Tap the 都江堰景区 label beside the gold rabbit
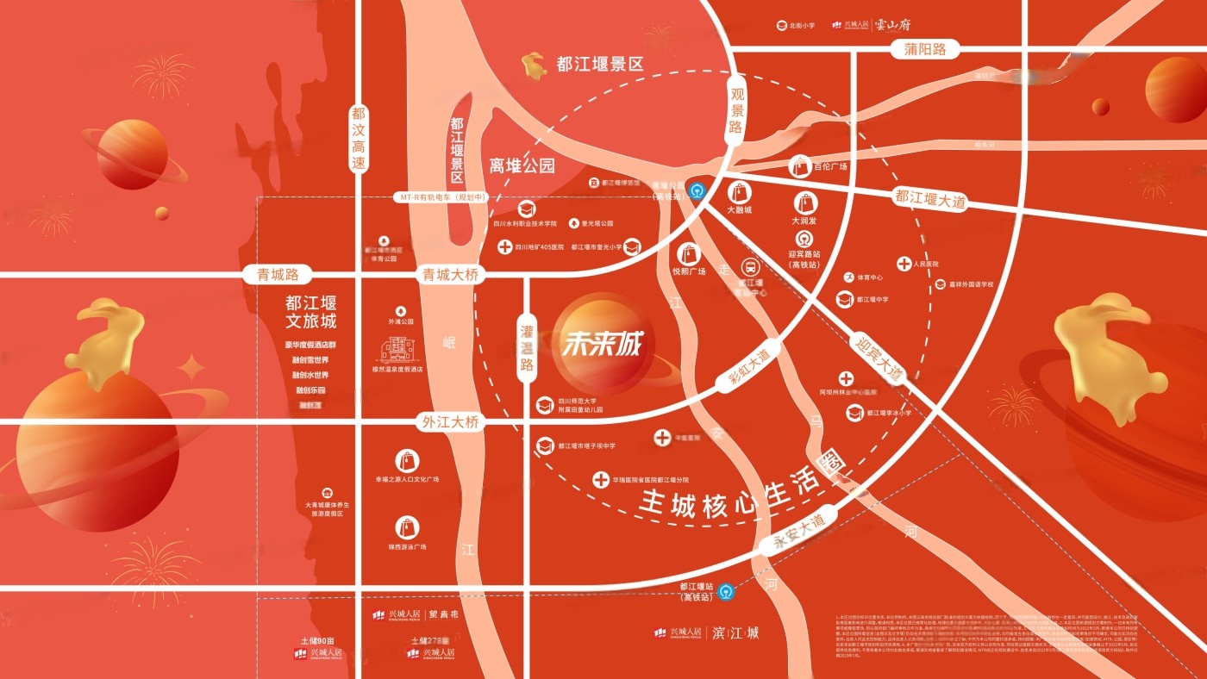pyautogui.click(x=601, y=64)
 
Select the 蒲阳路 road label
pyautogui.click(x=926, y=49)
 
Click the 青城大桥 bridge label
pyautogui.click(x=449, y=275)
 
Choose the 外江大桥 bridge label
pyautogui.click(x=449, y=422)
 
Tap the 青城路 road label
pyautogui.click(x=278, y=275)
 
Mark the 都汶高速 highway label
pyautogui.click(x=359, y=140)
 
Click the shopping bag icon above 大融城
pyautogui.click(x=739, y=192)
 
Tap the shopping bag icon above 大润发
pyautogui.click(x=804, y=203)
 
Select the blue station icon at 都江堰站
pyautogui.click(x=727, y=591)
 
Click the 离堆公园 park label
pyautogui.click(x=522, y=165)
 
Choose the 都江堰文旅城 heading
pyautogui.click(x=311, y=312)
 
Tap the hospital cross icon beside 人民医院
pyautogui.click(x=904, y=264)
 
